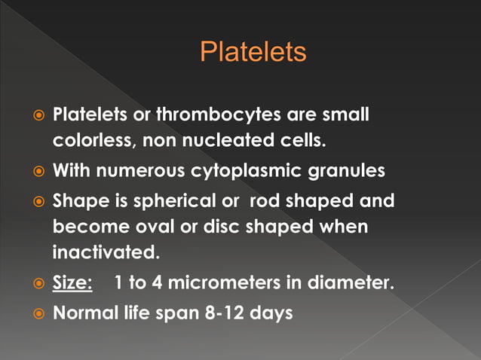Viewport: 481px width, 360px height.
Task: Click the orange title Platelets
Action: tap(253, 52)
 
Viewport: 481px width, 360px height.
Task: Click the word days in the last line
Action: tap(272, 312)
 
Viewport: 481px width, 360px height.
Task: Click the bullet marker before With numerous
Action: tap(38, 172)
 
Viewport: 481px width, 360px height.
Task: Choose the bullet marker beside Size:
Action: tap(38, 282)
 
